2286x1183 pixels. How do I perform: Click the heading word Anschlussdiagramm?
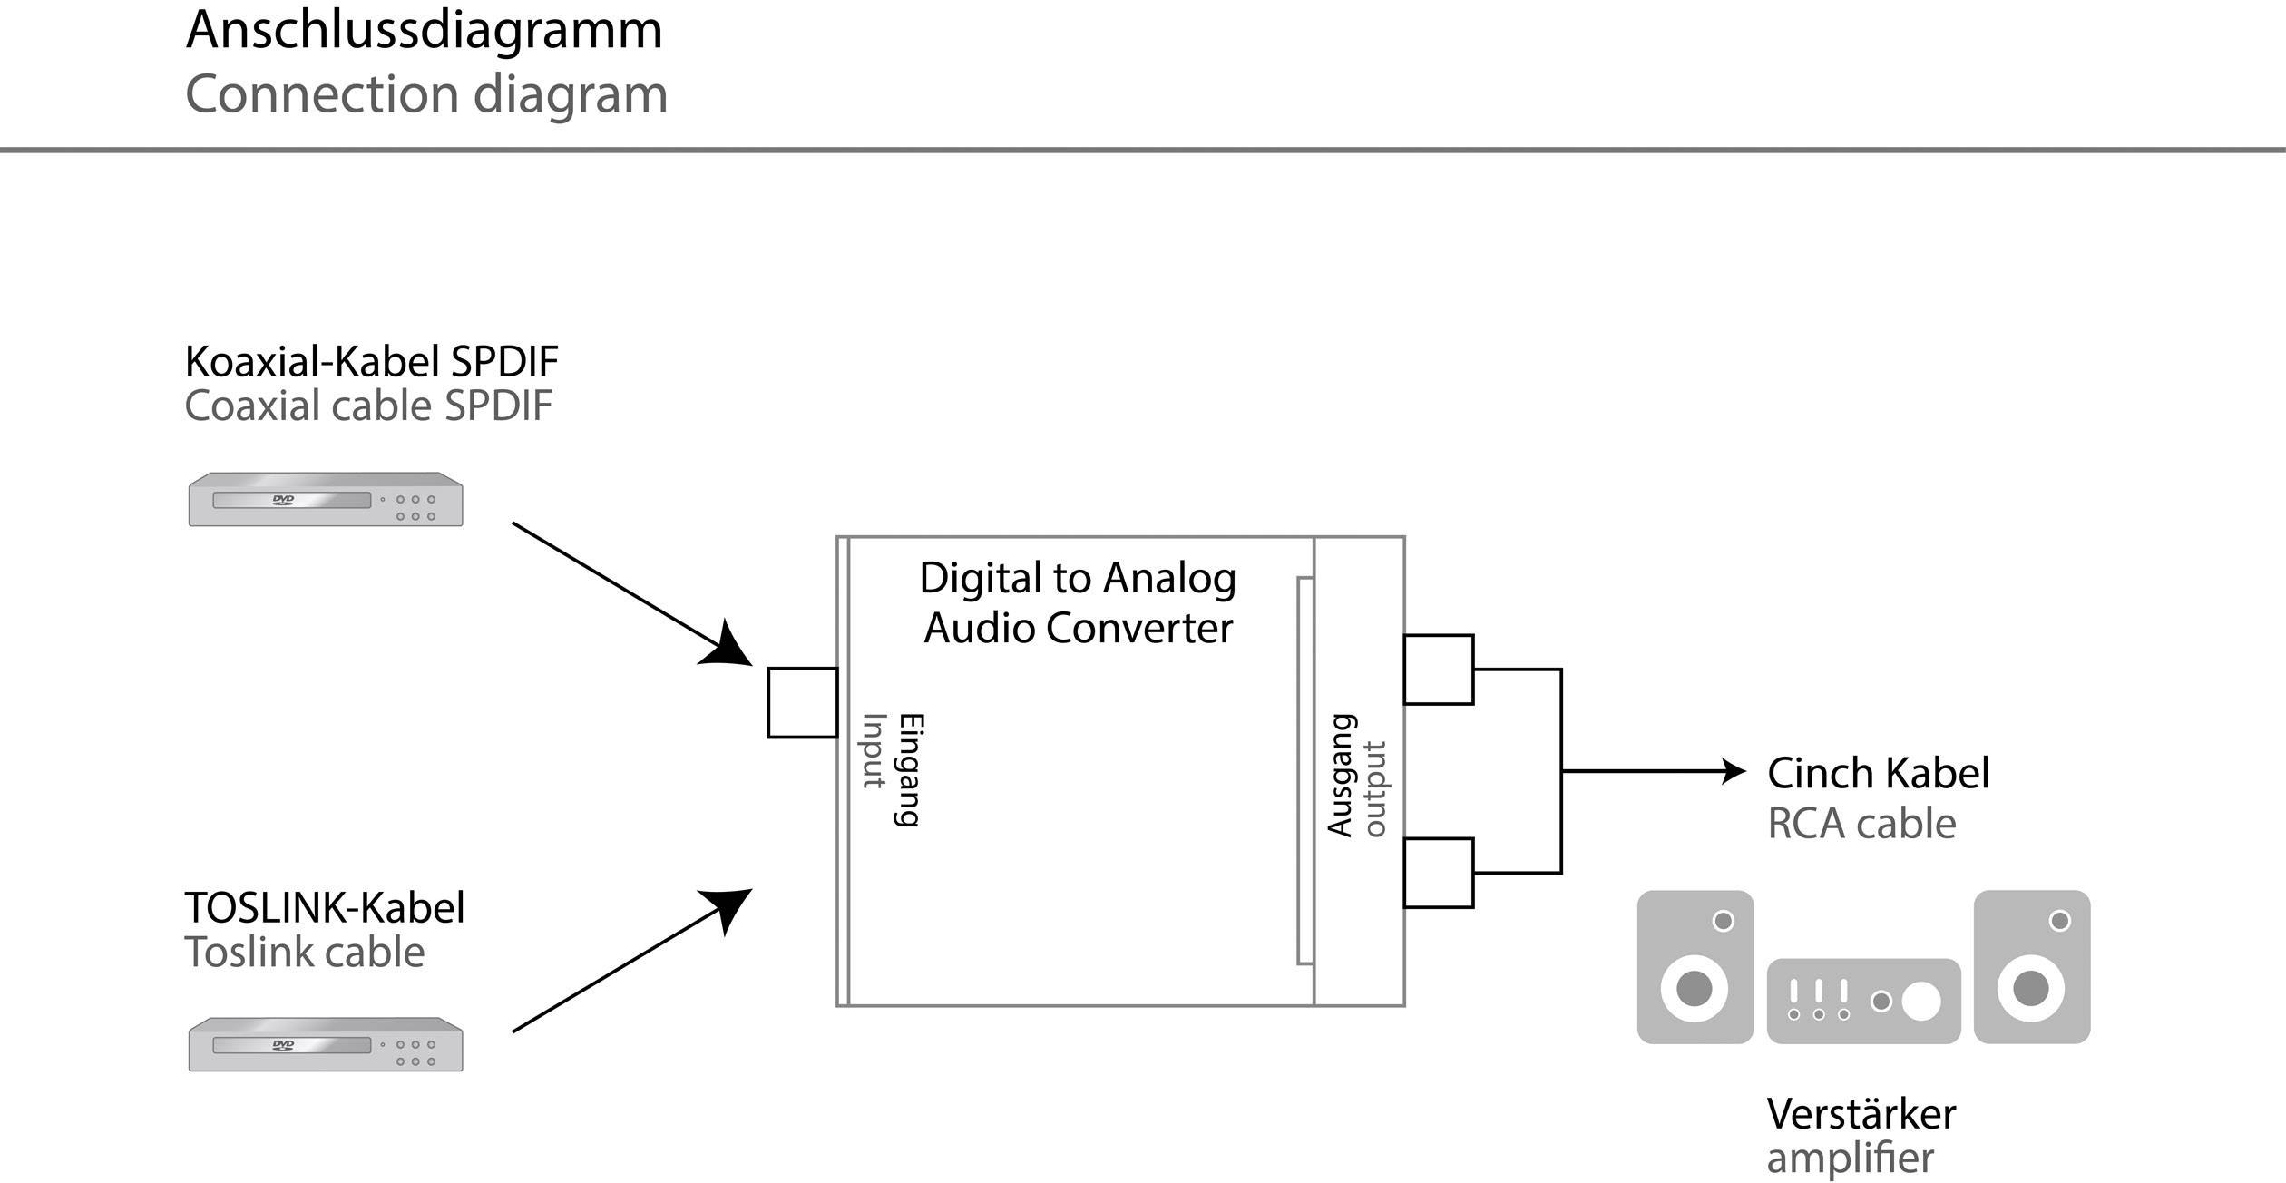click(424, 31)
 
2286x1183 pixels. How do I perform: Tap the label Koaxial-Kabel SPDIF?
click(371, 362)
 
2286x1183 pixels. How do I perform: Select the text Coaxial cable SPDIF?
click(367, 406)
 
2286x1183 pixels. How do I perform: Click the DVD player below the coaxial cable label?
click(325, 500)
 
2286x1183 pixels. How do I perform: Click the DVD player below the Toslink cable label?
click(325, 1045)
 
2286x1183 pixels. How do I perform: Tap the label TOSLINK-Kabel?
click(324, 908)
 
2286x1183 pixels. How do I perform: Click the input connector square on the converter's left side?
click(802, 703)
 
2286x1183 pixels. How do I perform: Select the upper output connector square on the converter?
click(1438, 670)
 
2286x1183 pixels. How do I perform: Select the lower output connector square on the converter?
click(1438, 873)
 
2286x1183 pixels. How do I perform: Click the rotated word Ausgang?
click(1341, 776)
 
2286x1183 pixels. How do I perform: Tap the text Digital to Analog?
click(1077, 579)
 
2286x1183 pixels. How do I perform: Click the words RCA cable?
click(1861, 824)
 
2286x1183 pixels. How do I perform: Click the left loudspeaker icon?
click(1695, 967)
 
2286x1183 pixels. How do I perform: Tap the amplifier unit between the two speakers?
click(1863, 1002)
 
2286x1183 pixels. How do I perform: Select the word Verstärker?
click(1861, 1114)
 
